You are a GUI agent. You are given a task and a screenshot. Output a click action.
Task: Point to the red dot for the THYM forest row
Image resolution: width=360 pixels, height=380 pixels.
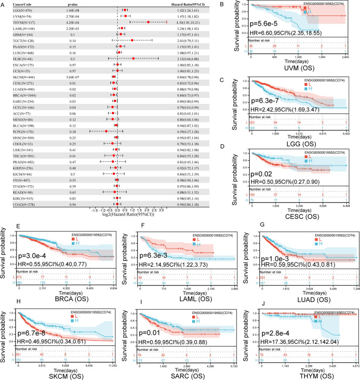point(148,22)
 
